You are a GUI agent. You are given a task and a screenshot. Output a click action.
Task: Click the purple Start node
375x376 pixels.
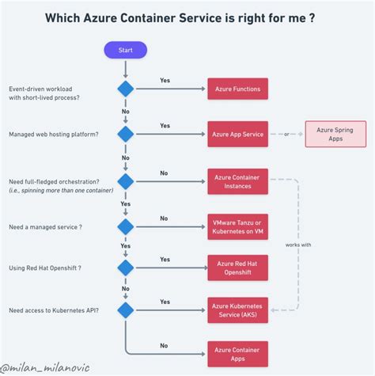[125, 51]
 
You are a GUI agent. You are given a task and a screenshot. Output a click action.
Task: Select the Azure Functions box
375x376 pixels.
[237, 89]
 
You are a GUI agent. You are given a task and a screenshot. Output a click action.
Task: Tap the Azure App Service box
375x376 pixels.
[237, 134]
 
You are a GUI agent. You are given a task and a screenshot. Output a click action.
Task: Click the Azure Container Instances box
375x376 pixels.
[237, 180]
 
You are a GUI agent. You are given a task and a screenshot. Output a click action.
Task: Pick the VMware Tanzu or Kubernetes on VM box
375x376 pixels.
[237, 226]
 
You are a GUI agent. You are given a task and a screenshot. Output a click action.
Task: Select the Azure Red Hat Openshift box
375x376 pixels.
[237, 268]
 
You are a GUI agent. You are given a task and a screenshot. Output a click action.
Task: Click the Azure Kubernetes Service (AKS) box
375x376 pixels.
[237, 310]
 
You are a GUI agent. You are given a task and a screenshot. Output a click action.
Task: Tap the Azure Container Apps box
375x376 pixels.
[237, 353]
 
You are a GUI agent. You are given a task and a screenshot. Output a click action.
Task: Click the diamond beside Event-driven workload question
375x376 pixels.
[125, 89]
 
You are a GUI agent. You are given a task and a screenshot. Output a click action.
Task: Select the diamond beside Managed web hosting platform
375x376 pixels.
[125, 134]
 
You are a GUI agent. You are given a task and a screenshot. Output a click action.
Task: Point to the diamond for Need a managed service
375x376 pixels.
[125, 227]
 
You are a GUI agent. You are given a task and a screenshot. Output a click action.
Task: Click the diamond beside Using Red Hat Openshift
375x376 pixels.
[125, 268]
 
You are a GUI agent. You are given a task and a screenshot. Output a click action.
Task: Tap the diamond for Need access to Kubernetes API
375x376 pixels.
[125, 310]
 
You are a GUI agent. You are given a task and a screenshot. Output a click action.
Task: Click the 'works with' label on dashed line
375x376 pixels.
[297, 245]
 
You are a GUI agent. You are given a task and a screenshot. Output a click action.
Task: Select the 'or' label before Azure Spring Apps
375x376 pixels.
[287, 134]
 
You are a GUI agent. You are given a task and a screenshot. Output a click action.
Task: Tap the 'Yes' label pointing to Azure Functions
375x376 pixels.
[165, 81]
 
